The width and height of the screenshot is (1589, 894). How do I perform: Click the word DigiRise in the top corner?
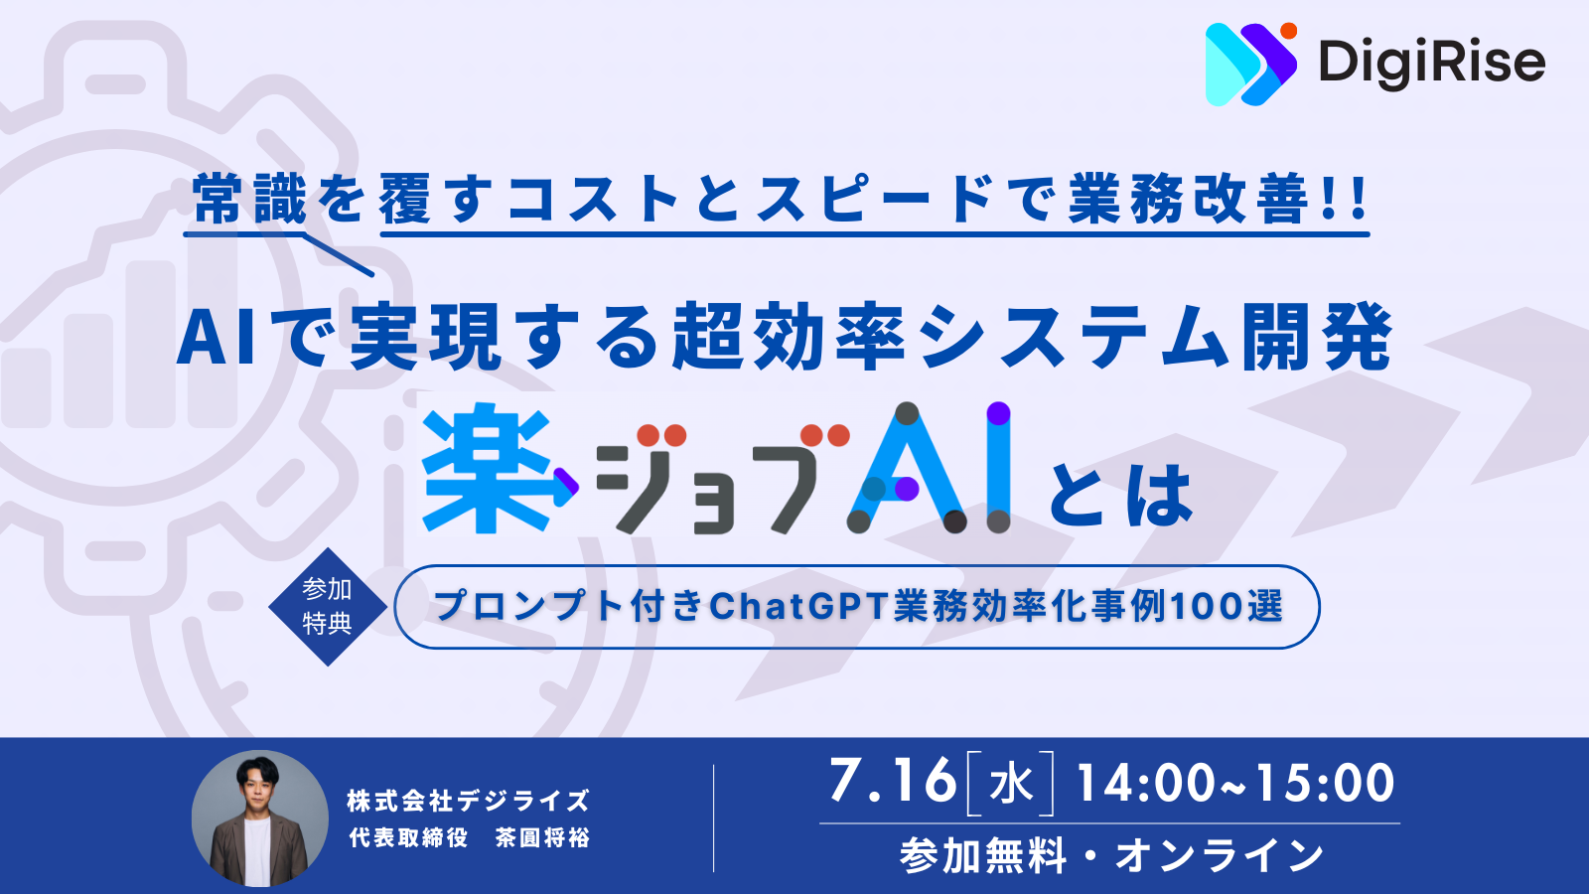(x=1431, y=64)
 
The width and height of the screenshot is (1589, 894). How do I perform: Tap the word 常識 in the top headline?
(x=249, y=200)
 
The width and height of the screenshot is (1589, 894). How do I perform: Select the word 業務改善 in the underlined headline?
(x=1188, y=200)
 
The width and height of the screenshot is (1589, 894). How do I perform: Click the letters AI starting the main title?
(x=217, y=339)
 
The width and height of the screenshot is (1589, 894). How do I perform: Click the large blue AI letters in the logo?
(x=930, y=468)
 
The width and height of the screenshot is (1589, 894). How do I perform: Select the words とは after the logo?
(x=1120, y=496)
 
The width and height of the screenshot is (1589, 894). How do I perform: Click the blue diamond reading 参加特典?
(x=328, y=606)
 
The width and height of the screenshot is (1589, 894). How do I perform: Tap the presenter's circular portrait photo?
(x=260, y=819)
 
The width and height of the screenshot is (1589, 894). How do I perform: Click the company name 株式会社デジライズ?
(x=468, y=801)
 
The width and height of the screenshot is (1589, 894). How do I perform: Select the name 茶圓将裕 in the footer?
(x=543, y=838)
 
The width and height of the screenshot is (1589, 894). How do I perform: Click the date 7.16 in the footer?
(x=892, y=782)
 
